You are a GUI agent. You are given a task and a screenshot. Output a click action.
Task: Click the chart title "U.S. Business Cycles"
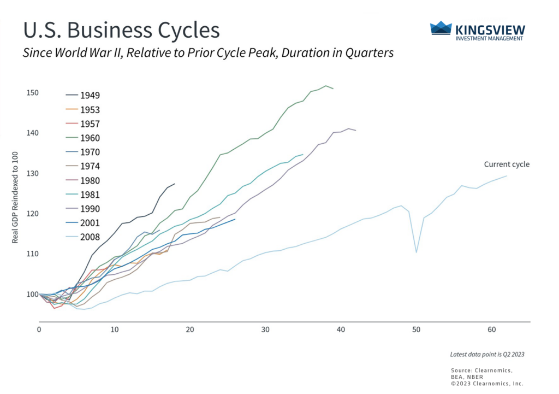coord(121,31)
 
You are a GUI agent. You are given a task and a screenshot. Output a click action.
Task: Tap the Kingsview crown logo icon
coord(441,28)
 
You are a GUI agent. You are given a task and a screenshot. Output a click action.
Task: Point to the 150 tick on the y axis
coord(31,92)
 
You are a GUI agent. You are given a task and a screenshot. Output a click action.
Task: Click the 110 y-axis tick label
coord(31,254)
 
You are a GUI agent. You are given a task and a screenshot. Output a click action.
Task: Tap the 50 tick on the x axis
coord(417,330)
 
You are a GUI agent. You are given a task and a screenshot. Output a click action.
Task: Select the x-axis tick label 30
coord(265,330)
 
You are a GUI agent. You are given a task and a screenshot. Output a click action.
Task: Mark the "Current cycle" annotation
coord(507,164)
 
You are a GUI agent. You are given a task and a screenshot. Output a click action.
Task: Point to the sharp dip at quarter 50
coord(417,252)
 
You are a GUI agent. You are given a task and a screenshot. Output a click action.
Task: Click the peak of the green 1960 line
coord(326,86)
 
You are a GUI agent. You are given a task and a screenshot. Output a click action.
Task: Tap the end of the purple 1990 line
coord(356,130)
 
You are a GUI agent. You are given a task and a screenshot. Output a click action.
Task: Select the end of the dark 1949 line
coord(175,184)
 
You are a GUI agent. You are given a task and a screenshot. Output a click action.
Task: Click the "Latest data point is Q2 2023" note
coord(487,354)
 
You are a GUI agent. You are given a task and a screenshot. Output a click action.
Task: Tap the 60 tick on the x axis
coord(492,330)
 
